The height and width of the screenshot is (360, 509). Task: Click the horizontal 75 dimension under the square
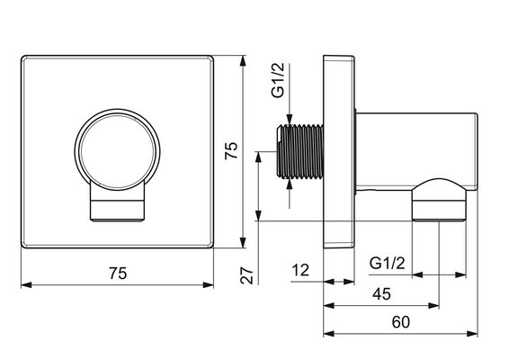click(118, 274)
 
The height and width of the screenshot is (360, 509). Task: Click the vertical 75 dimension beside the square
click(232, 150)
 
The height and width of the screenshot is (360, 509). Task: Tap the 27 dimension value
click(246, 275)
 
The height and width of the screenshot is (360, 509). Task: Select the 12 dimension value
click(300, 270)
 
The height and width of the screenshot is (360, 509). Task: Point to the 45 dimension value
click(381, 294)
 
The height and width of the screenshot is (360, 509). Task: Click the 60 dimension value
click(400, 322)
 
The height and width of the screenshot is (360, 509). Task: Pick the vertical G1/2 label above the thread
click(278, 80)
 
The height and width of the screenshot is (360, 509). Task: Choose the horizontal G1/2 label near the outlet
click(388, 263)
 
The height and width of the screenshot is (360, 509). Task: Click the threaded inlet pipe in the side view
click(300, 151)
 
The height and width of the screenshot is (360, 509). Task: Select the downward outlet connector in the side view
click(439, 200)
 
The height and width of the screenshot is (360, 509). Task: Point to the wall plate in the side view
click(338, 151)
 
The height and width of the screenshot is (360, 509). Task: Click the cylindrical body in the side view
click(416, 152)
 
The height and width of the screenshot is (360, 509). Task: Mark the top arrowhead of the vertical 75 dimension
click(243, 62)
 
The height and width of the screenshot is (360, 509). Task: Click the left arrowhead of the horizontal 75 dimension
click(27, 285)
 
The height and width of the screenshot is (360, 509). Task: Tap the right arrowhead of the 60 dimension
click(472, 334)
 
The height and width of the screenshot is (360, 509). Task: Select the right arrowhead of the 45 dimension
click(433, 305)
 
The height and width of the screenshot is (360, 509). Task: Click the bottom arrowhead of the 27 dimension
click(258, 215)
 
